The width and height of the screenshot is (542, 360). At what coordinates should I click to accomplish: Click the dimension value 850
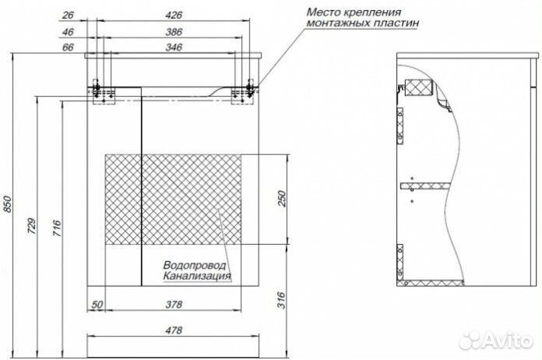tap(7, 204)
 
